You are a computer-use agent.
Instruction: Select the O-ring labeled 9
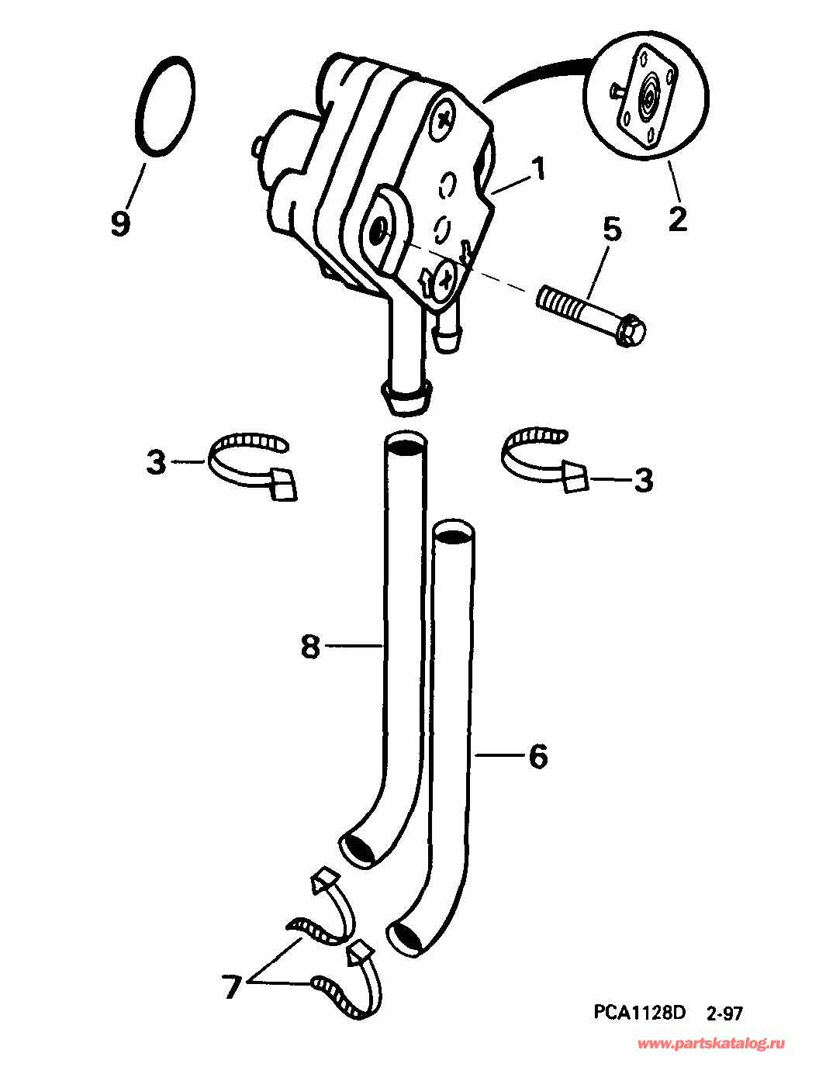point(164,106)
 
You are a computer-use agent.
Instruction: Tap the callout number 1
point(537,168)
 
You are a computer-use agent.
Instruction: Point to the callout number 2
point(677,218)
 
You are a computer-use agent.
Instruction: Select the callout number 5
point(612,230)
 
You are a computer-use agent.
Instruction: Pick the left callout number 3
point(157,463)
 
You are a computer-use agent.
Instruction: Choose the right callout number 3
point(643,480)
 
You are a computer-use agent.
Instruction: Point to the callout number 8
point(310,645)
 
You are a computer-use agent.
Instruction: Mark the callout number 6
point(538,755)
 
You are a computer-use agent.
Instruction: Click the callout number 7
point(232,987)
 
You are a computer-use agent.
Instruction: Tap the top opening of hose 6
point(454,533)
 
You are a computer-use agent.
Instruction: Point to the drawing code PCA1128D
point(640,1012)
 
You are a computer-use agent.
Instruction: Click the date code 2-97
point(724,1013)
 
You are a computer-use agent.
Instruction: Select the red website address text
point(710,1044)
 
